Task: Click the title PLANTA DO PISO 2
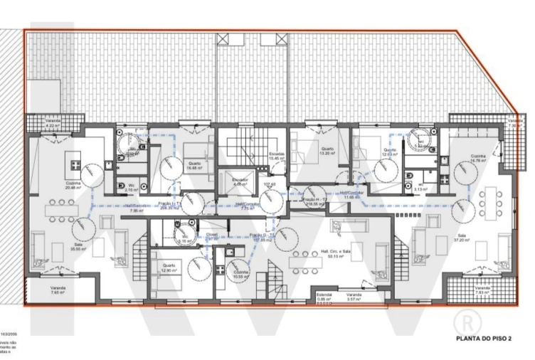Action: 484,339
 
